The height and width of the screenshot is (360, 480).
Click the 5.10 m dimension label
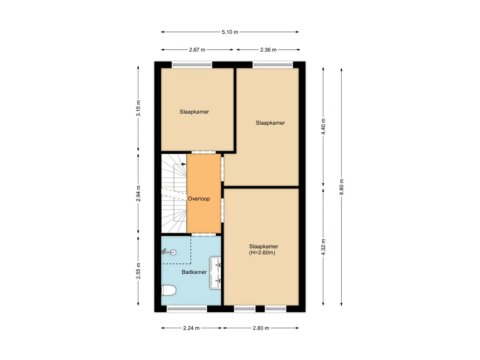(x=230, y=32)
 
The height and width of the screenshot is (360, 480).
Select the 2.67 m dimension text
(x=197, y=49)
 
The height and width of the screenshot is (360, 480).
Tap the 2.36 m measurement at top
(x=268, y=49)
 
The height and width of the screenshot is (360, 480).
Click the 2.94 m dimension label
(x=138, y=194)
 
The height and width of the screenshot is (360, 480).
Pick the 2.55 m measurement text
(x=138, y=271)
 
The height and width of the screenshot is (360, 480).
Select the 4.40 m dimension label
(x=323, y=127)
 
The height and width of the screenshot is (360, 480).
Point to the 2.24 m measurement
(x=192, y=328)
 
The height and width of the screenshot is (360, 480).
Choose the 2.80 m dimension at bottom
(x=260, y=328)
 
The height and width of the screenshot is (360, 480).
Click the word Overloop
(x=199, y=199)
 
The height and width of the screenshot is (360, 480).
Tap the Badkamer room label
(x=194, y=272)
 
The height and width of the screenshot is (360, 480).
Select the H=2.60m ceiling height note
(x=263, y=253)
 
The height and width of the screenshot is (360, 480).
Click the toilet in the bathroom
(x=168, y=291)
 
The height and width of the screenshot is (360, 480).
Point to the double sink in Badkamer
(x=216, y=272)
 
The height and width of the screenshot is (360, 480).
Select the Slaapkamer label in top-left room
(x=194, y=112)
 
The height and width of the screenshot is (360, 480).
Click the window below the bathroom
(x=187, y=308)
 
